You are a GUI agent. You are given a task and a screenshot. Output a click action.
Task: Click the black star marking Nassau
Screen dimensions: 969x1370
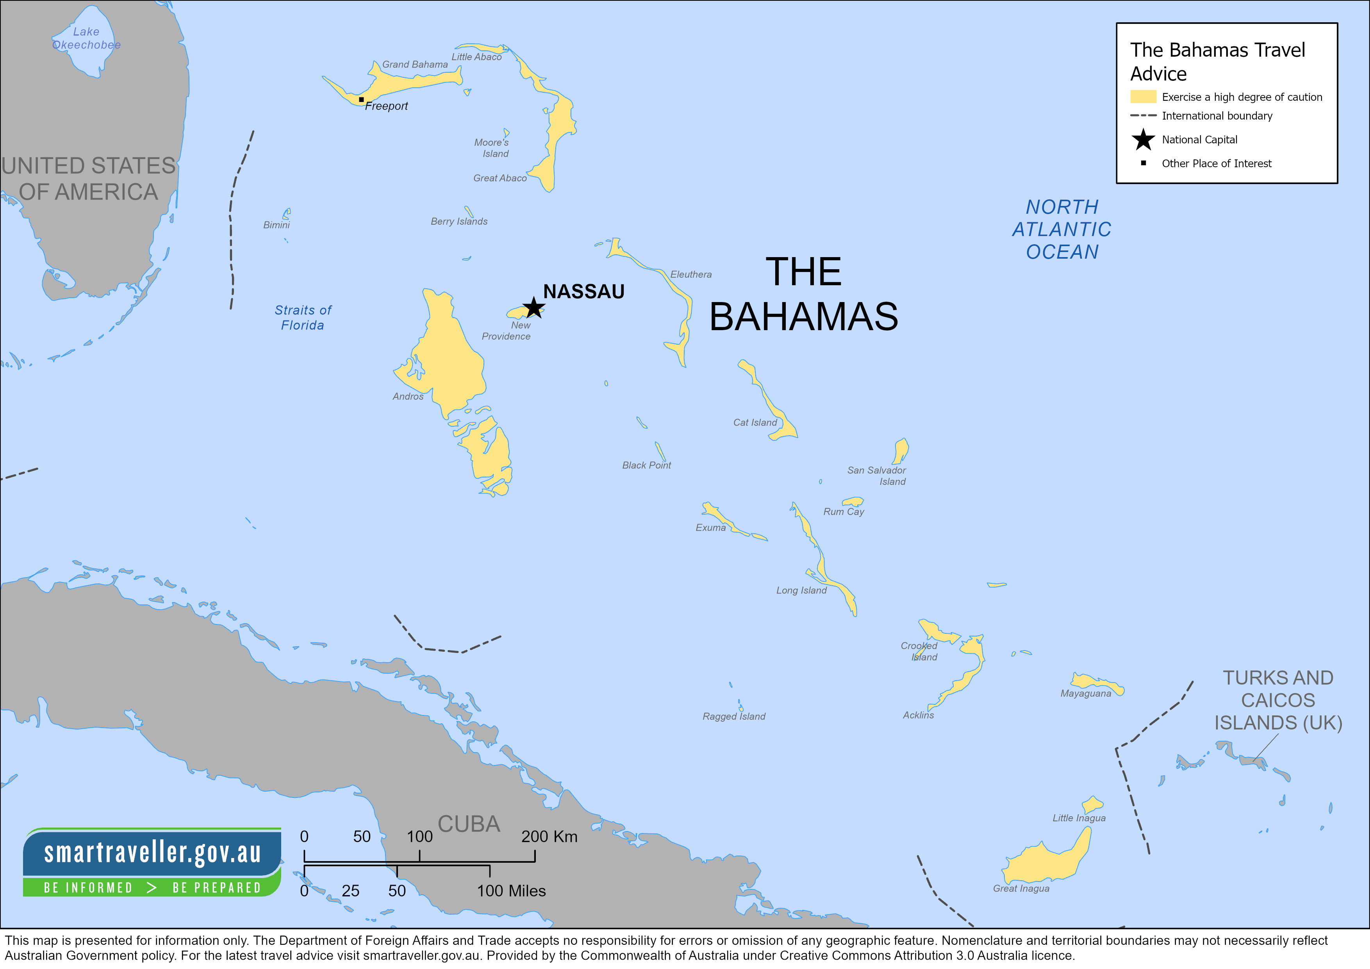[x=533, y=308]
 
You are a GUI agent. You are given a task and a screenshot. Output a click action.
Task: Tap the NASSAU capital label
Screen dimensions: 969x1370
[x=583, y=291]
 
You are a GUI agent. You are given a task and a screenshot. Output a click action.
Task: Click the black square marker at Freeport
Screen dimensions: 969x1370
[x=361, y=100]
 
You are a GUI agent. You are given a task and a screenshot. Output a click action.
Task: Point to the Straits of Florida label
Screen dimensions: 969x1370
[x=303, y=318]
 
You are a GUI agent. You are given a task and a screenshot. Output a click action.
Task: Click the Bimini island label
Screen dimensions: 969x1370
[x=276, y=225]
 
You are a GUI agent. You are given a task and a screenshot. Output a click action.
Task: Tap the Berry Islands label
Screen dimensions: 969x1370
[x=459, y=222]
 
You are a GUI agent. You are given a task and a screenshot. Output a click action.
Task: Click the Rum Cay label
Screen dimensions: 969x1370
[x=843, y=512]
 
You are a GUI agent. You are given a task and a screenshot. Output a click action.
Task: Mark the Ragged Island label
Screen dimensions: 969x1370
[x=733, y=717]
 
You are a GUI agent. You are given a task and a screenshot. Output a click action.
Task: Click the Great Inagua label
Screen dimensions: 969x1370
[x=1020, y=889]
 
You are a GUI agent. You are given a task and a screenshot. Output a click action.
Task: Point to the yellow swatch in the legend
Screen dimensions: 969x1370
[x=1143, y=97]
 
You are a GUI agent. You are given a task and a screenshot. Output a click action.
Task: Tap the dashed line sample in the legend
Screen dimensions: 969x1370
[x=1143, y=116]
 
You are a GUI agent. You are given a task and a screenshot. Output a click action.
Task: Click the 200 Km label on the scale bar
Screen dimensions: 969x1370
[x=549, y=837]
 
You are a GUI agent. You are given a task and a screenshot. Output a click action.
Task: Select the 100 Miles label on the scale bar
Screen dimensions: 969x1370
[x=511, y=891]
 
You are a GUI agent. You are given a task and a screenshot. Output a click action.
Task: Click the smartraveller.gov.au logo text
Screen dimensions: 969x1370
[x=152, y=852]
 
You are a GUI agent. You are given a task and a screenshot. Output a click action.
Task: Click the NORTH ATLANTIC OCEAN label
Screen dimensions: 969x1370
[x=1061, y=229]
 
